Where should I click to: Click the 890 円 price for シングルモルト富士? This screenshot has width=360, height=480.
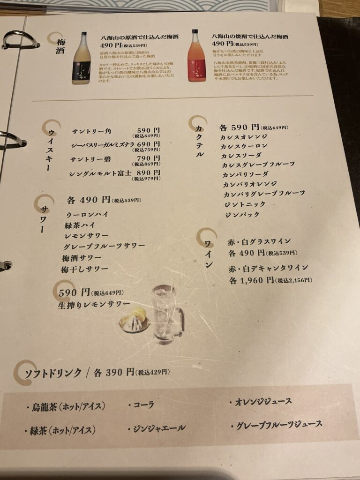click(x=148, y=172)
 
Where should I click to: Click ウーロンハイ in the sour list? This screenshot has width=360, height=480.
click(x=87, y=214)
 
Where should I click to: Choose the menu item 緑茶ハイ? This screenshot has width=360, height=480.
click(x=80, y=225)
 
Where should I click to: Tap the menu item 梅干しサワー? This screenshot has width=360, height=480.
click(x=84, y=269)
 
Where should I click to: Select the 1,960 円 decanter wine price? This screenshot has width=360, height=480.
click(x=251, y=280)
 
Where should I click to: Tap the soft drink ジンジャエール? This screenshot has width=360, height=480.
click(x=159, y=427)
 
